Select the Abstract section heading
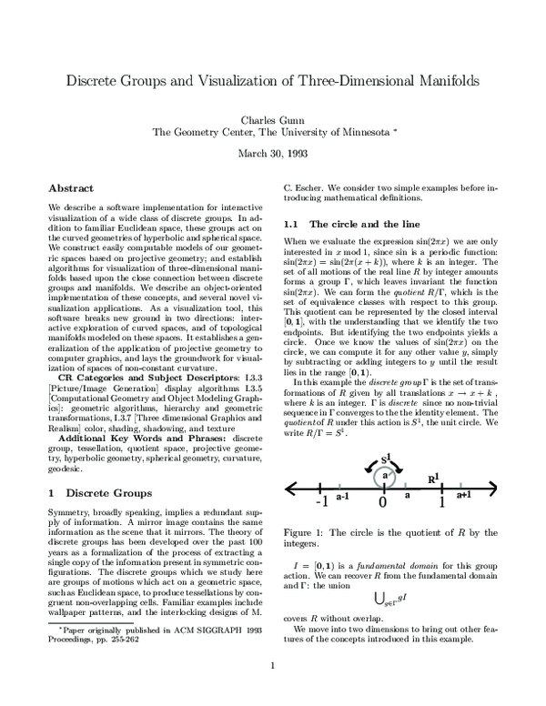70,188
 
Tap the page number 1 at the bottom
273,691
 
